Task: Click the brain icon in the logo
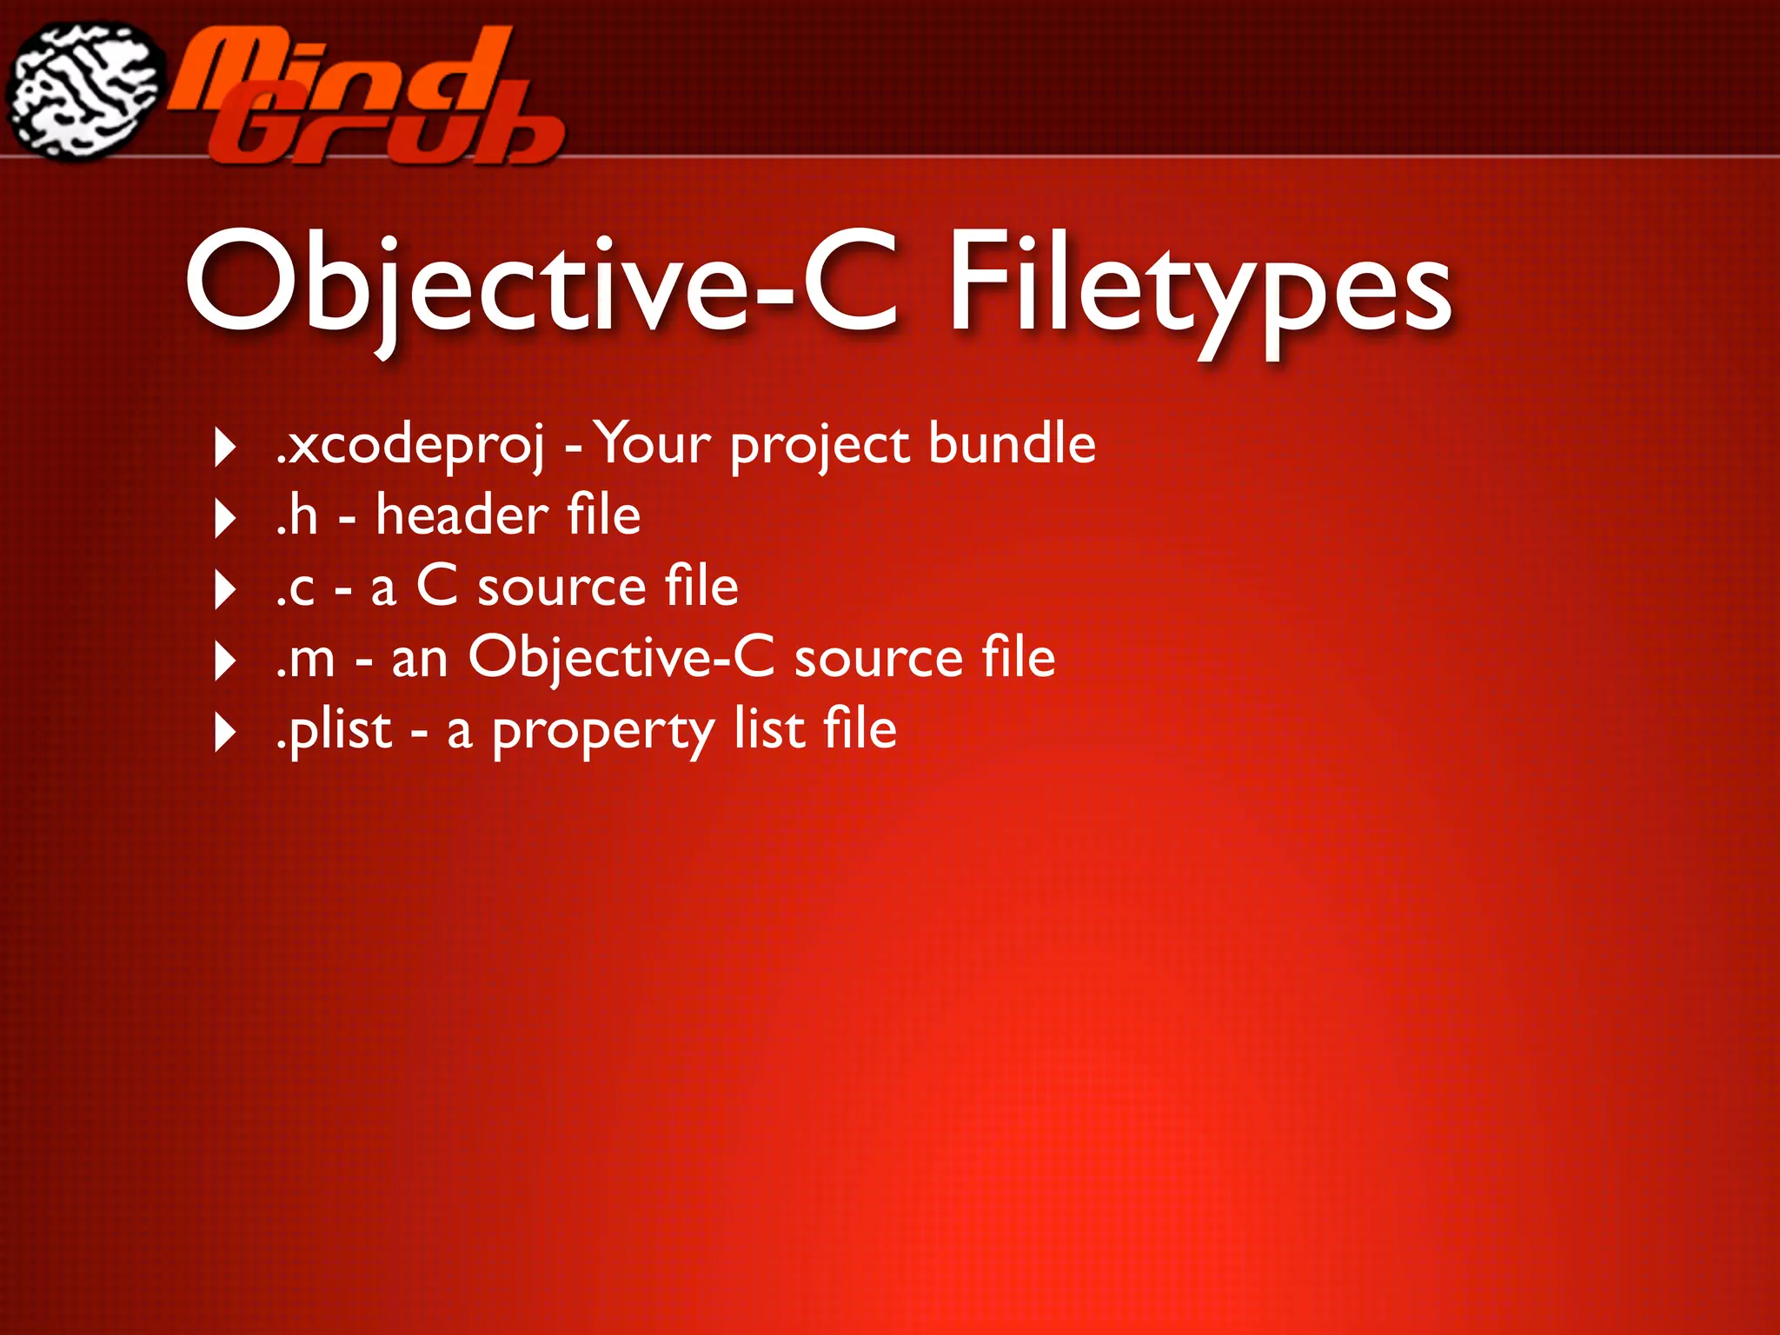85,91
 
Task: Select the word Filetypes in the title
1199,282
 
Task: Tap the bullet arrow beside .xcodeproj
225,448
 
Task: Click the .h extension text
297,515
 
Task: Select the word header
462,515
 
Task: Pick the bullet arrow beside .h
225,519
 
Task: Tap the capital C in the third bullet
436,586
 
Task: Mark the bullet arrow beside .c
225,590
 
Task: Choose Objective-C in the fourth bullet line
621,658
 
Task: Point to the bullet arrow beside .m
225,661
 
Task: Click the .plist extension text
334,730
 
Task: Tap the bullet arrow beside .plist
225,733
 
